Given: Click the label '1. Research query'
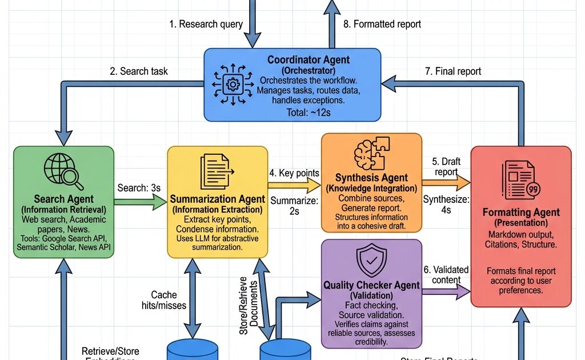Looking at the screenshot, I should click(206, 24).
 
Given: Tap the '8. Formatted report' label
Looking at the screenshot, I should click(382, 24).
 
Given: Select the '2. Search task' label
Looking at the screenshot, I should click(139, 71).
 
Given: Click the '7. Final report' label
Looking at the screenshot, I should click(452, 71).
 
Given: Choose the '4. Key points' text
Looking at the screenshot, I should click(294, 173).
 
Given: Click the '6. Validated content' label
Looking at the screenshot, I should click(446, 275).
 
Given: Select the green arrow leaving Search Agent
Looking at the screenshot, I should click(139, 201).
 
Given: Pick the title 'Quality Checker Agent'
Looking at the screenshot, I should click(371, 285).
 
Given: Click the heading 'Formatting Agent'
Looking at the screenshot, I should click(521, 213).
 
